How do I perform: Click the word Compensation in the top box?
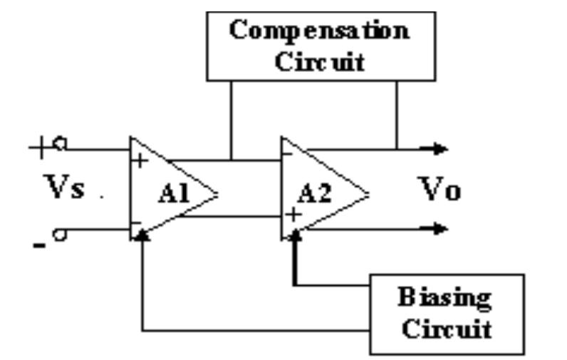[320, 32]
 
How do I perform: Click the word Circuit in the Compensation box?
[320, 61]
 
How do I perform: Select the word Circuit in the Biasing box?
[445, 329]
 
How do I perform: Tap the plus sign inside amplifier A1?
[141, 160]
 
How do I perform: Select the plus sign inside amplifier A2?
[291, 213]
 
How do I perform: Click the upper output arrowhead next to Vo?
[442, 150]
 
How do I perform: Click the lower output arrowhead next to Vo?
[442, 229]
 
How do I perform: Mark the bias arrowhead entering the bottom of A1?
[144, 235]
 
